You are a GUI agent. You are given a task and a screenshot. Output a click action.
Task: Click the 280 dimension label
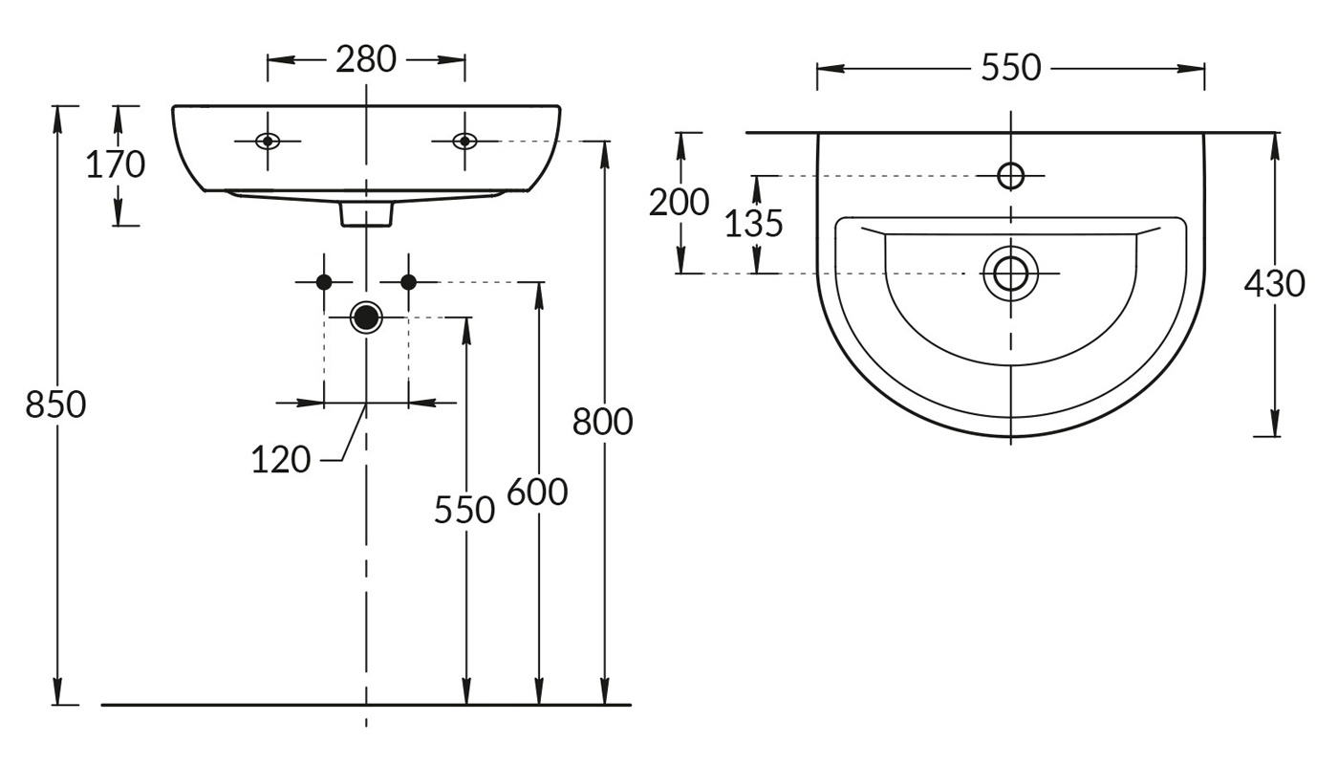click(366, 59)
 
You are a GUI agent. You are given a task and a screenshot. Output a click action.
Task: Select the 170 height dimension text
click(116, 165)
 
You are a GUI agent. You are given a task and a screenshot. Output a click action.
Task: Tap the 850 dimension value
click(55, 404)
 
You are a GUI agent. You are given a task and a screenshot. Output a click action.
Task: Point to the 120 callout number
click(281, 461)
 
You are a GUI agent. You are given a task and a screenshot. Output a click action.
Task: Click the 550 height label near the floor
click(464, 510)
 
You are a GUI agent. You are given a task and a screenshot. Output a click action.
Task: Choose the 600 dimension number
click(537, 492)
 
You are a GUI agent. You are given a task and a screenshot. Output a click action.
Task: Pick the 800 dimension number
click(603, 421)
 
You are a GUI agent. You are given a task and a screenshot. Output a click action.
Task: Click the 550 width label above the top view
click(1010, 68)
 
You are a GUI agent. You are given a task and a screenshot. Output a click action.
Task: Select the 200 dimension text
click(680, 203)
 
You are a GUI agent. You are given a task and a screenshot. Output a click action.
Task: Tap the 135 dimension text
click(753, 224)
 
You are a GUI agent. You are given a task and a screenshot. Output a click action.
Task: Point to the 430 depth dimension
click(1275, 283)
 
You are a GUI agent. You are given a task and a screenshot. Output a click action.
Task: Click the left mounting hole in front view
click(269, 142)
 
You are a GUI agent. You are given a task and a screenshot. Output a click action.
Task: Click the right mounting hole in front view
click(464, 142)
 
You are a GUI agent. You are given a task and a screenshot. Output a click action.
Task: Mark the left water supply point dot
click(324, 281)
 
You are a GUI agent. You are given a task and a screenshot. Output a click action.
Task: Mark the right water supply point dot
click(408, 281)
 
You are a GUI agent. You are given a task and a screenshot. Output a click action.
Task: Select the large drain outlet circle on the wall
click(366, 317)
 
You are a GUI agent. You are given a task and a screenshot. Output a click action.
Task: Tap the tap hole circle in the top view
click(1010, 176)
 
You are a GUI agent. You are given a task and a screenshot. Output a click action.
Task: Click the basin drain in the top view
click(1010, 273)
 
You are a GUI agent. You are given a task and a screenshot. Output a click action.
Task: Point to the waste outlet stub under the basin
click(367, 215)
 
